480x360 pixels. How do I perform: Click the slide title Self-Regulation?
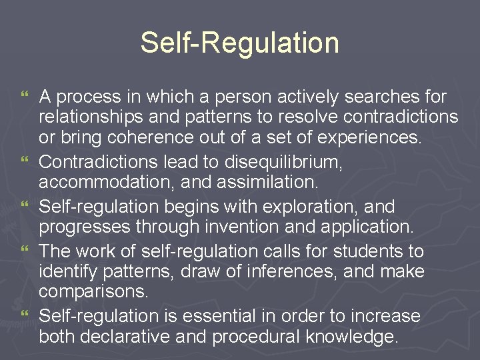click(x=239, y=43)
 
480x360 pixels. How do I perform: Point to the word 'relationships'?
click(x=88, y=117)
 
